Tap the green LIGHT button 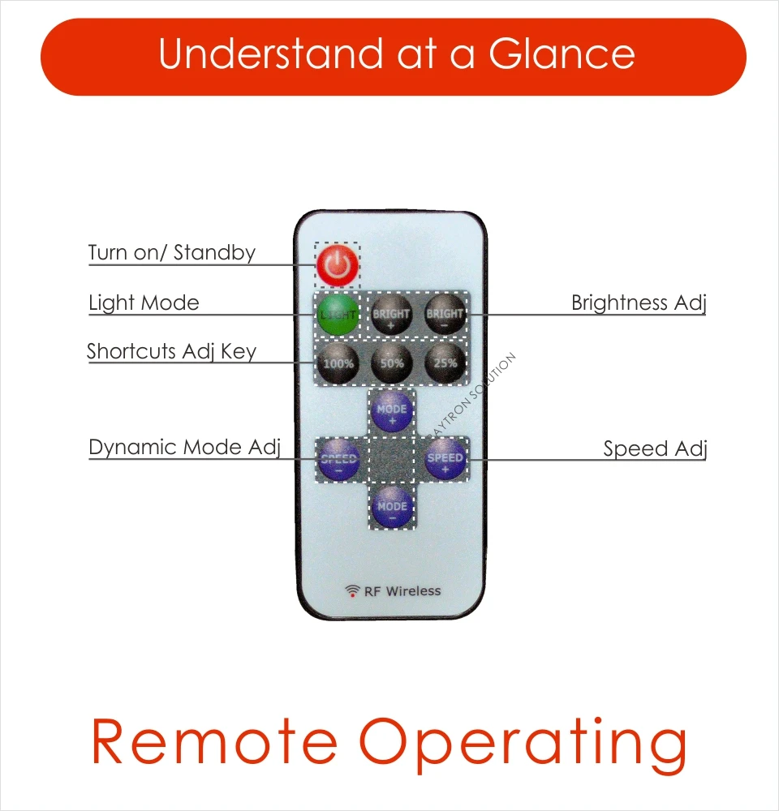pos(337,314)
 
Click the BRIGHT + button pos(391,314)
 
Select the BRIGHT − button pos(445,314)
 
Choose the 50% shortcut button pos(391,363)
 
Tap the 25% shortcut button pos(445,363)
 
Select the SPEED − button pos(338,460)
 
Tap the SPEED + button pos(445,460)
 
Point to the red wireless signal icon pos(352,591)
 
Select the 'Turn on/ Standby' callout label pos(171,253)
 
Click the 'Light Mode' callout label pos(144,303)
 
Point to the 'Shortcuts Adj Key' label pos(171,352)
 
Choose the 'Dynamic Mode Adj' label pos(184,448)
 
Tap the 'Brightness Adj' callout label pos(639,303)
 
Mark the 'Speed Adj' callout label pos(655,449)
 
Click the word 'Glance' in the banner pos(562,54)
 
